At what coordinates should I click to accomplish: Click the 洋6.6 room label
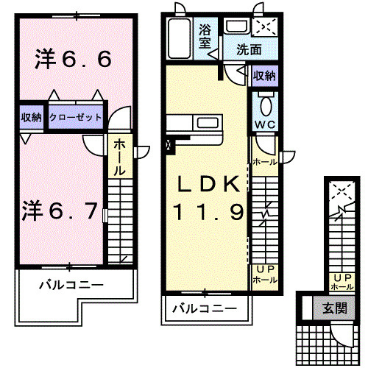click(73, 60)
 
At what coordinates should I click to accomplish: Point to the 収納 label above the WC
click(264, 76)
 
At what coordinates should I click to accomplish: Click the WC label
click(264, 124)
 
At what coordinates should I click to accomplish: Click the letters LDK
click(206, 184)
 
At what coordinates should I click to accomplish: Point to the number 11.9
click(208, 213)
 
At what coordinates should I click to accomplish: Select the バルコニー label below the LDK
click(205, 309)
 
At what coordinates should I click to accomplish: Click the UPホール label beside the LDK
click(265, 275)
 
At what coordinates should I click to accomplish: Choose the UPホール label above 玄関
click(340, 282)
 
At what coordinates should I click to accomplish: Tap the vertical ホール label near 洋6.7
click(118, 156)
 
